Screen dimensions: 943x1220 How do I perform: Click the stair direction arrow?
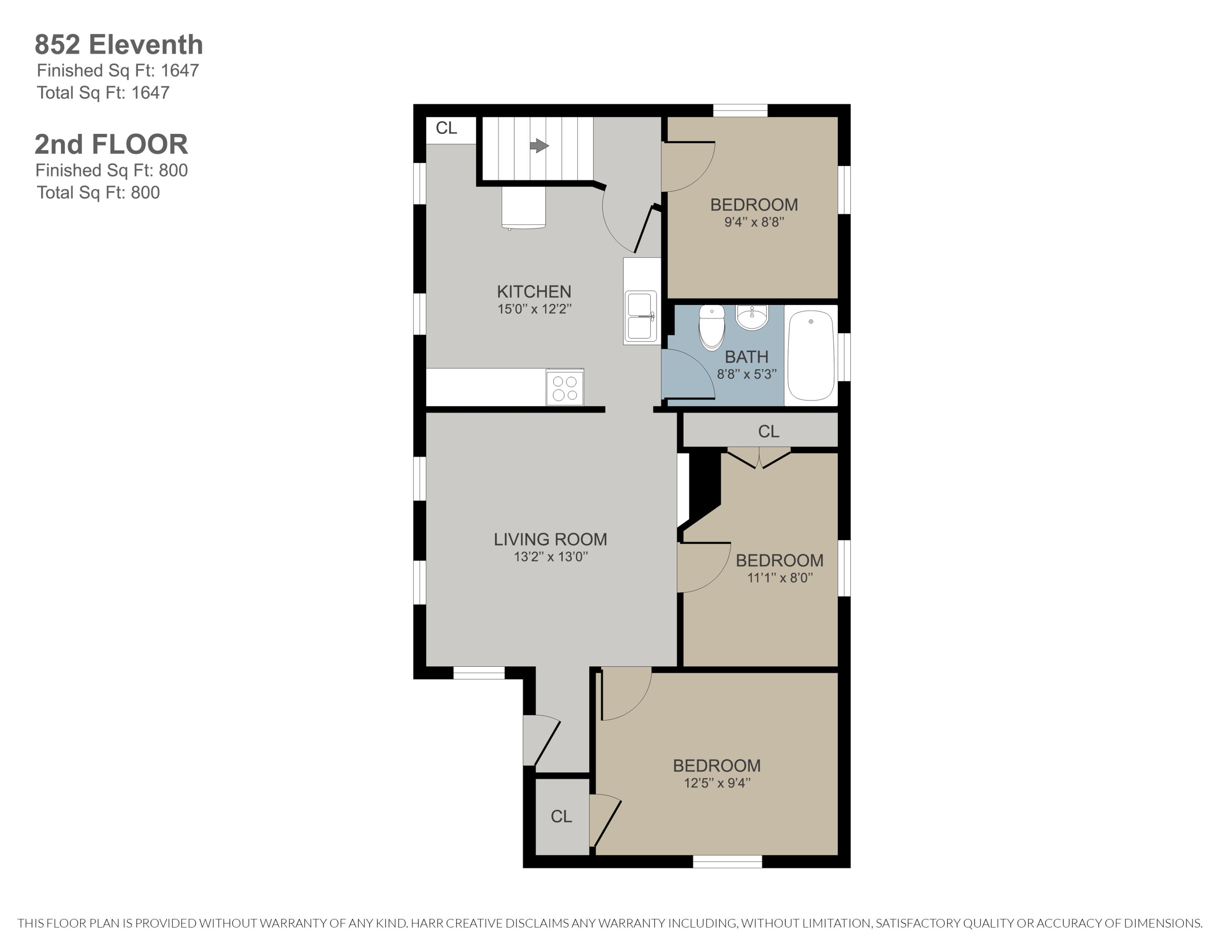pyautogui.click(x=538, y=146)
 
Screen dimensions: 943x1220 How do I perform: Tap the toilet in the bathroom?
pyautogui.click(x=712, y=327)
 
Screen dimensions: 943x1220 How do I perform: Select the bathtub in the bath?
pyautogui.click(x=810, y=355)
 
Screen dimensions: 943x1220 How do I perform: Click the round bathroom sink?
pyautogui.click(x=752, y=317)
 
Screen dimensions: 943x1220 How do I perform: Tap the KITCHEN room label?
pyautogui.click(x=534, y=292)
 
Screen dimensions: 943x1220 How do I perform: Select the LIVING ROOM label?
pyautogui.click(x=550, y=539)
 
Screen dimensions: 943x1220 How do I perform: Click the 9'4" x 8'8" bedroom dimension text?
pyautogui.click(x=754, y=222)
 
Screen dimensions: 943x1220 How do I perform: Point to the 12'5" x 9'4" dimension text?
pyautogui.click(x=717, y=783)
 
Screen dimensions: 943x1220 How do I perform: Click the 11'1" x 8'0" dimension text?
pyautogui.click(x=780, y=578)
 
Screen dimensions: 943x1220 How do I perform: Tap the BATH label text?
pyautogui.click(x=746, y=356)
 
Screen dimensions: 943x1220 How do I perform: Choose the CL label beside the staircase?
pyautogui.click(x=447, y=128)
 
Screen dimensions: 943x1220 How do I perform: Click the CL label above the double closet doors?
pyautogui.click(x=769, y=431)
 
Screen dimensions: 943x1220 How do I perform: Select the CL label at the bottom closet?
pyautogui.click(x=561, y=816)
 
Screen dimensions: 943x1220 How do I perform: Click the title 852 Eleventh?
pyautogui.click(x=118, y=45)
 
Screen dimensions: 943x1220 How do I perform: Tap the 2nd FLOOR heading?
pyautogui.click(x=111, y=144)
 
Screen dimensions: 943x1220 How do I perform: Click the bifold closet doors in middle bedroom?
pyautogui.click(x=758, y=458)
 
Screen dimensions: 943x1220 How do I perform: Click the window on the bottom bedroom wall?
pyautogui.click(x=727, y=862)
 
